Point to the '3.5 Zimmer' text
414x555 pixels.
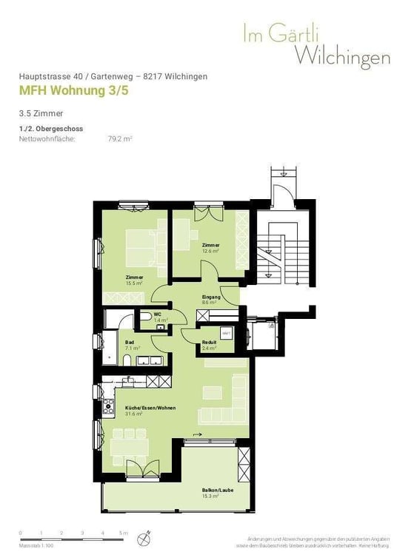(x=41, y=114)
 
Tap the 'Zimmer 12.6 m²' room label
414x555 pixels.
(x=210, y=248)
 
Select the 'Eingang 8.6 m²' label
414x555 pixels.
(x=210, y=300)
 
